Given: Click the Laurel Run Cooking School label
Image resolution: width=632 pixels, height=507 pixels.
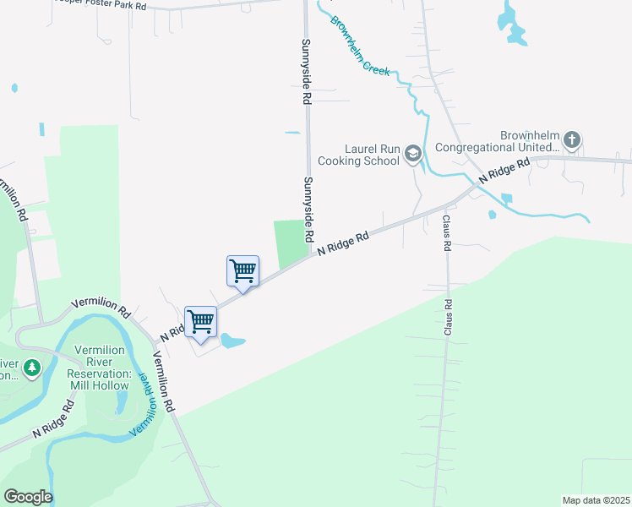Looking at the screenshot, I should [358, 153].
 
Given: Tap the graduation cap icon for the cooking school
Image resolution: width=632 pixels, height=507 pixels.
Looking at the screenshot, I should [413, 153].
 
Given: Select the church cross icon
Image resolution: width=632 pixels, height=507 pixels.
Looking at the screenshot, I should [572, 139].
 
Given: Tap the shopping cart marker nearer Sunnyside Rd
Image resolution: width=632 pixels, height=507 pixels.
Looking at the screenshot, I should [243, 271].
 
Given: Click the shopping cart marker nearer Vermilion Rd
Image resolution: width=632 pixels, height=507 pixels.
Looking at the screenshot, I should [201, 321].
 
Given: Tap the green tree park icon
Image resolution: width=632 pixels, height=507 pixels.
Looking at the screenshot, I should [31, 368].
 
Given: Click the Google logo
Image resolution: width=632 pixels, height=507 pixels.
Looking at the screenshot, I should [28, 497].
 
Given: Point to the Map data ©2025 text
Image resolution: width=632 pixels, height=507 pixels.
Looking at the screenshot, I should [595, 500].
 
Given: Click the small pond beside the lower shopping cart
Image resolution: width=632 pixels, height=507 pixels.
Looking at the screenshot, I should [232, 341].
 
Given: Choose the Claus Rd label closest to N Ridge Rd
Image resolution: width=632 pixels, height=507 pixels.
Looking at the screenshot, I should [445, 232].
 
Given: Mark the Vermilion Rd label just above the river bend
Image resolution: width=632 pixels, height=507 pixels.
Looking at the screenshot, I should [101, 306].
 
